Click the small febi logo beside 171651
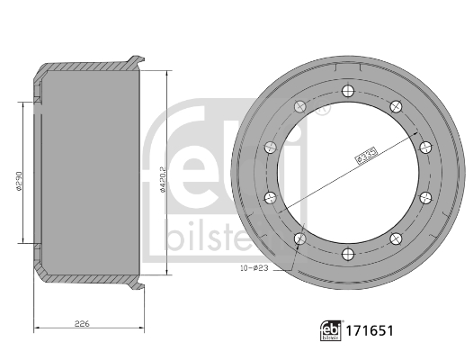(x=334, y=331)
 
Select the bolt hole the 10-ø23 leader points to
(x=300, y=239)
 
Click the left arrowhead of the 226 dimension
(x=35, y=328)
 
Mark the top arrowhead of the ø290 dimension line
(x=21, y=104)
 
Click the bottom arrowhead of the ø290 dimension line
(x=21, y=242)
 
